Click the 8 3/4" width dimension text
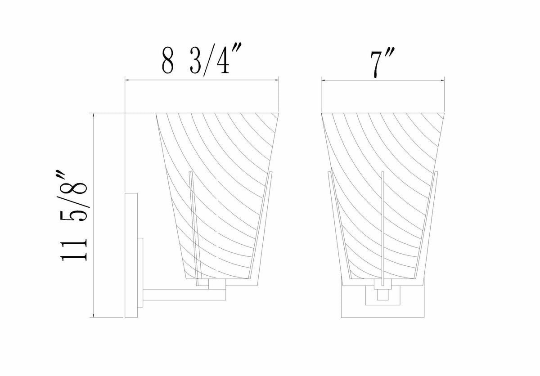click(x=201, y=60)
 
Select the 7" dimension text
click(x=382, y=63)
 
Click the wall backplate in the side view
click(x=131, y=255)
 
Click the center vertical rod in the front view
click(x=383, y=229)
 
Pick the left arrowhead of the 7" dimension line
click(x=324, y=80)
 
